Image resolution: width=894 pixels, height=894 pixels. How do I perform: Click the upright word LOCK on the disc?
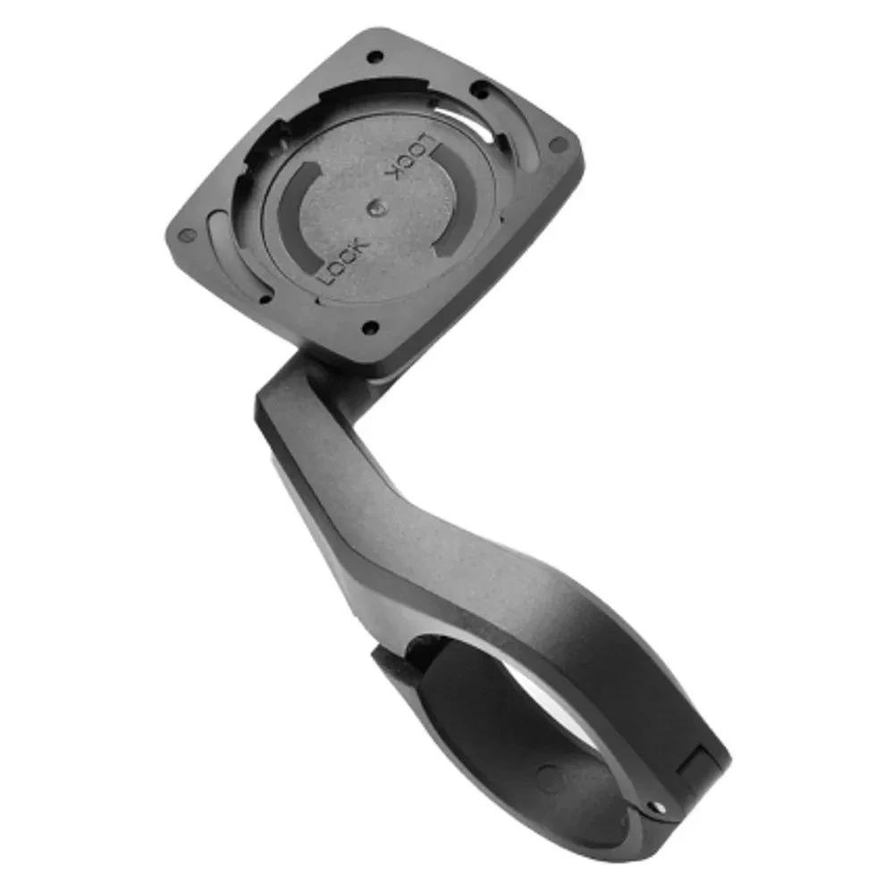coord(344,262)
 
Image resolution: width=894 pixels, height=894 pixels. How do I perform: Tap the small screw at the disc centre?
coord(376,208)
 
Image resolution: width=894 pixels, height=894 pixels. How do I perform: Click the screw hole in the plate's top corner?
coord(375,57)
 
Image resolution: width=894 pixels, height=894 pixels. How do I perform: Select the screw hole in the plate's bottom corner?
coord(371,327)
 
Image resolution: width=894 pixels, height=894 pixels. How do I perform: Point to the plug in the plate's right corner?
coord(557,146)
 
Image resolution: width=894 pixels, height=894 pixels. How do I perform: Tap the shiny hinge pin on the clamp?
coord(657,806)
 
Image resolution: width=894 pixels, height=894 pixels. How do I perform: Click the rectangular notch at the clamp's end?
coord(696,765)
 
